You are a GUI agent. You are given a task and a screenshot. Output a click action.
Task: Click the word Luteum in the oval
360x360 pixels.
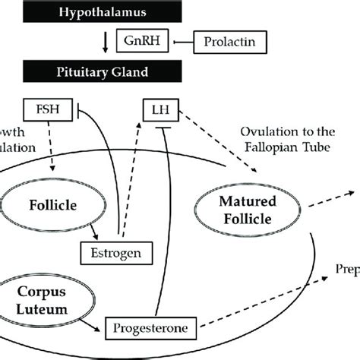(x=42, y=310)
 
